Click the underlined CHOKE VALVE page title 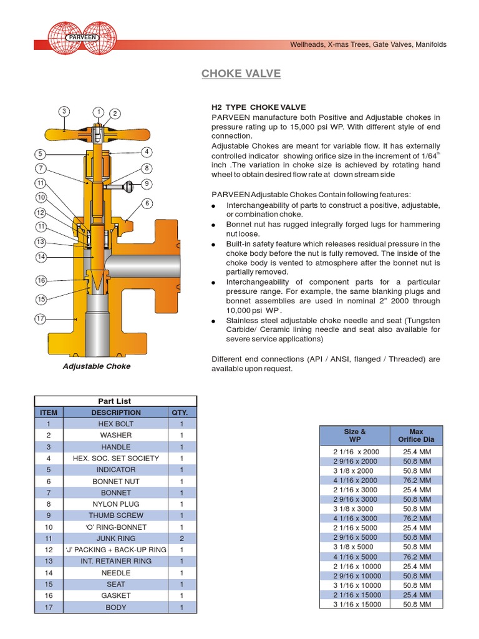[241, 74]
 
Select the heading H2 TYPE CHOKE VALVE [259, 107]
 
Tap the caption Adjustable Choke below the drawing [97, 366]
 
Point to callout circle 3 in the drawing [64, 112]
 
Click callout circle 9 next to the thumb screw [147, 183]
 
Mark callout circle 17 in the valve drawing [41, 319]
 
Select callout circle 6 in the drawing [147, 203]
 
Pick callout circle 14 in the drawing [41, 256]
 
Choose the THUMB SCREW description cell [116, 515]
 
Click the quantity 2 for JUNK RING [181, 539]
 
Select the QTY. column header [181, 412]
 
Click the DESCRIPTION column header [116, 412]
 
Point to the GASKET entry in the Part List [116, 596]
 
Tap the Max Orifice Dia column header [416, 436]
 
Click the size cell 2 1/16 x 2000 [354, 451]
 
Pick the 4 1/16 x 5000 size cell [354, 557]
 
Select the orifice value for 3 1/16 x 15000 [416, 605]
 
